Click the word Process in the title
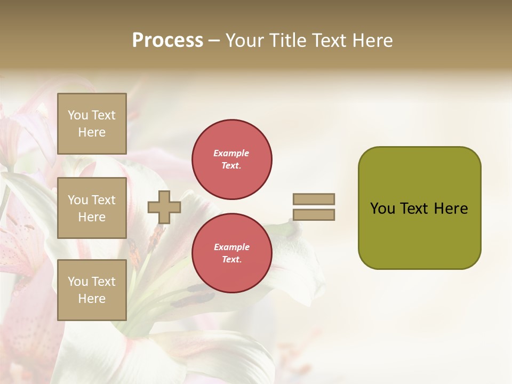pos(167,41)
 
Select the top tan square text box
pos(92,124)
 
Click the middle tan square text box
pos(92,208)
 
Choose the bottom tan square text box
pos(92,290)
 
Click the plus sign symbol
pos(164,207)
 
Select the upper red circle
pos(232,159)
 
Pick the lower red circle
pos(232,253)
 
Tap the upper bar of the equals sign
pos(314,199)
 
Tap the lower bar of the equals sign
pos(314,215)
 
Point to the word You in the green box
pos(382,209)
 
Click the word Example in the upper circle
pos(231,153)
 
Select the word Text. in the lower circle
pos(231,260)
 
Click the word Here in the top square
pos(92,132)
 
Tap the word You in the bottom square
pos(78,282)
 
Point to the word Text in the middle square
pos(103,200)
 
